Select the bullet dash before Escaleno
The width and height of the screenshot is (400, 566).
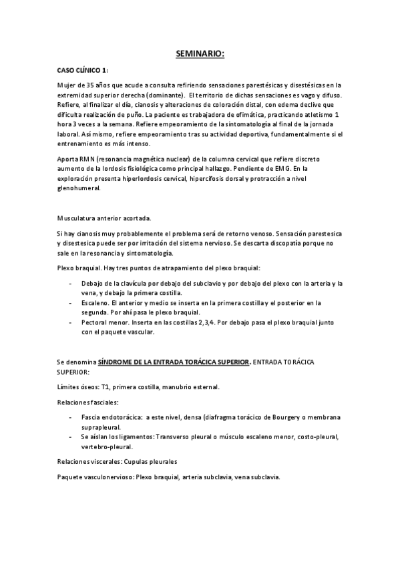coord(71,302)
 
